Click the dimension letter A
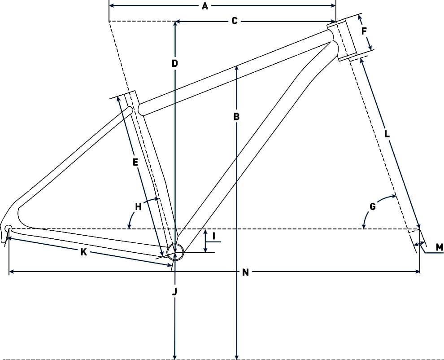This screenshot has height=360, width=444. [x=205, y=6]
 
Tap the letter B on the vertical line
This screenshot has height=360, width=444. [x=236, y=117]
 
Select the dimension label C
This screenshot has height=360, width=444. [x=235, y=21]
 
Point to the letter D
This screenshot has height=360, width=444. [x=175, y=63]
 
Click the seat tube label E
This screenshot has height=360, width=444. [x=135, y=162]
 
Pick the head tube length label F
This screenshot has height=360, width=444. [x=364, y=31]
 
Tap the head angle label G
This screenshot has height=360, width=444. [x=373, y=206]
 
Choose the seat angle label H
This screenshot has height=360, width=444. [x=138, y=207]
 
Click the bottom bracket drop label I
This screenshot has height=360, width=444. [x=214, y=236]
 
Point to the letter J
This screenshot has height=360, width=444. [x=175, y=291]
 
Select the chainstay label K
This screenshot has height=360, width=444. [x=83, y=252]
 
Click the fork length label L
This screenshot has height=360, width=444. [x=387, y=134]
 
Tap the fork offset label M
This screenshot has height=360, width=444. [x=440, y=247]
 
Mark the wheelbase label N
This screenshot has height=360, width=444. [x=245, y=272]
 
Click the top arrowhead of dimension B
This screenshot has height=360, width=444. [x=236, y=68]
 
